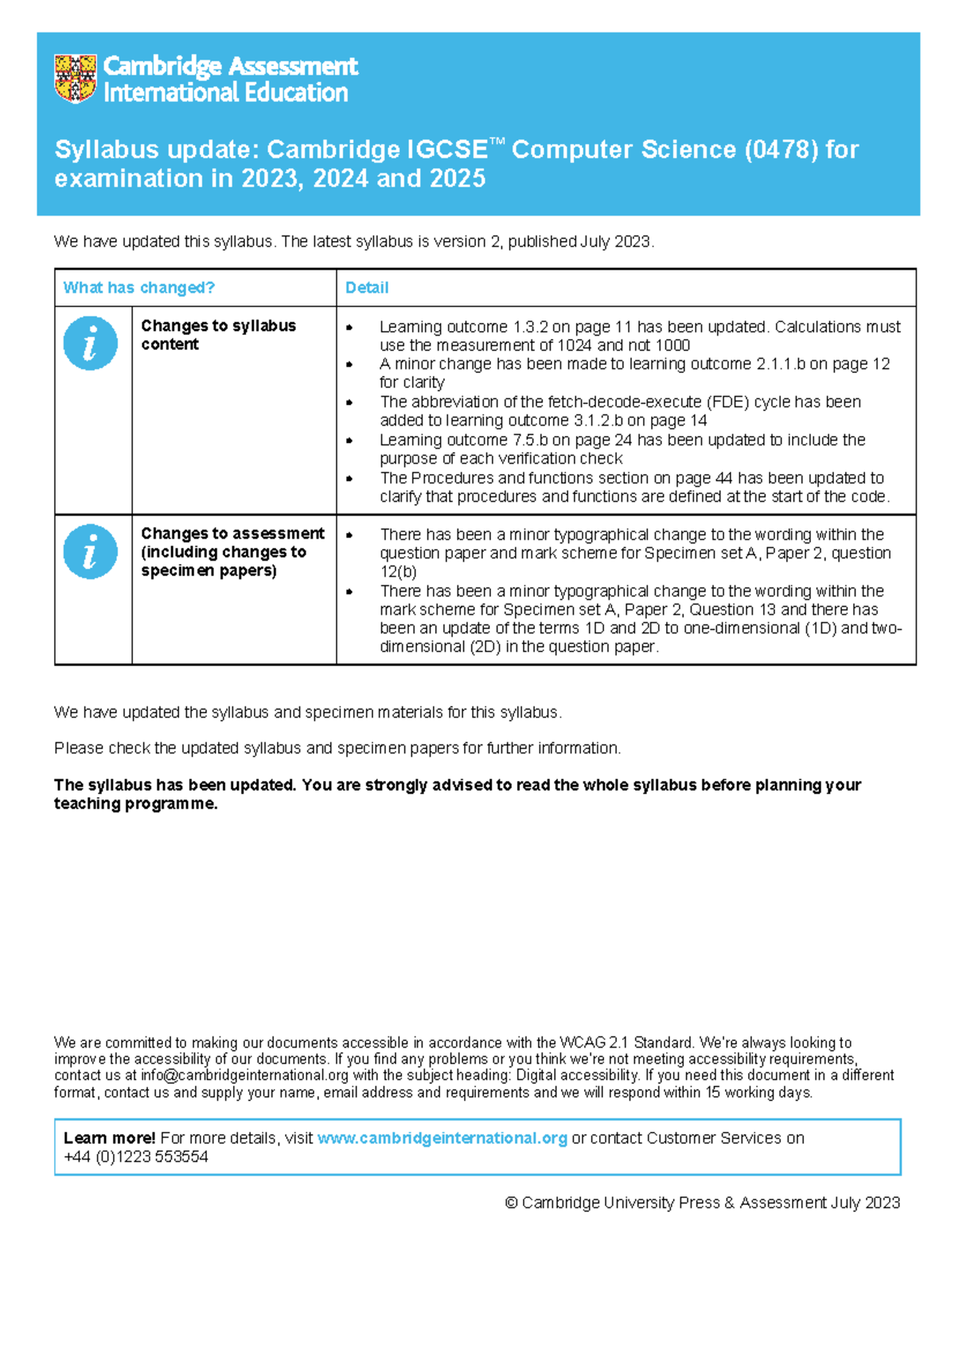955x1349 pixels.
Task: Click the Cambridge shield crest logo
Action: point(76,78)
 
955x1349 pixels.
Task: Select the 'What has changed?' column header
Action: point(139,288)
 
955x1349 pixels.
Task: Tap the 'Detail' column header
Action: point(367,288)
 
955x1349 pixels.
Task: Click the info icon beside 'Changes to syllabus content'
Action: point(90,344)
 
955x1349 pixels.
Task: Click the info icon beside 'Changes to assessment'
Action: point(90,551)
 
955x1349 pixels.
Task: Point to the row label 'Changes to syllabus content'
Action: point(217,335)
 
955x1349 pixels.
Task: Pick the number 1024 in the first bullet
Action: point(574,345)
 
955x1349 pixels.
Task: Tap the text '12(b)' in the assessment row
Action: point(398,572)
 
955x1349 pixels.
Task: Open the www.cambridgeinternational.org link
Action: point(442,1138)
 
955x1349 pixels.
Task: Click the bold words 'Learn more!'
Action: point(109,1138)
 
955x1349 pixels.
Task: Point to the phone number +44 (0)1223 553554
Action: point(136,1157)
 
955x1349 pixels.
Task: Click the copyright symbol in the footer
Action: point(511,1203)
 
